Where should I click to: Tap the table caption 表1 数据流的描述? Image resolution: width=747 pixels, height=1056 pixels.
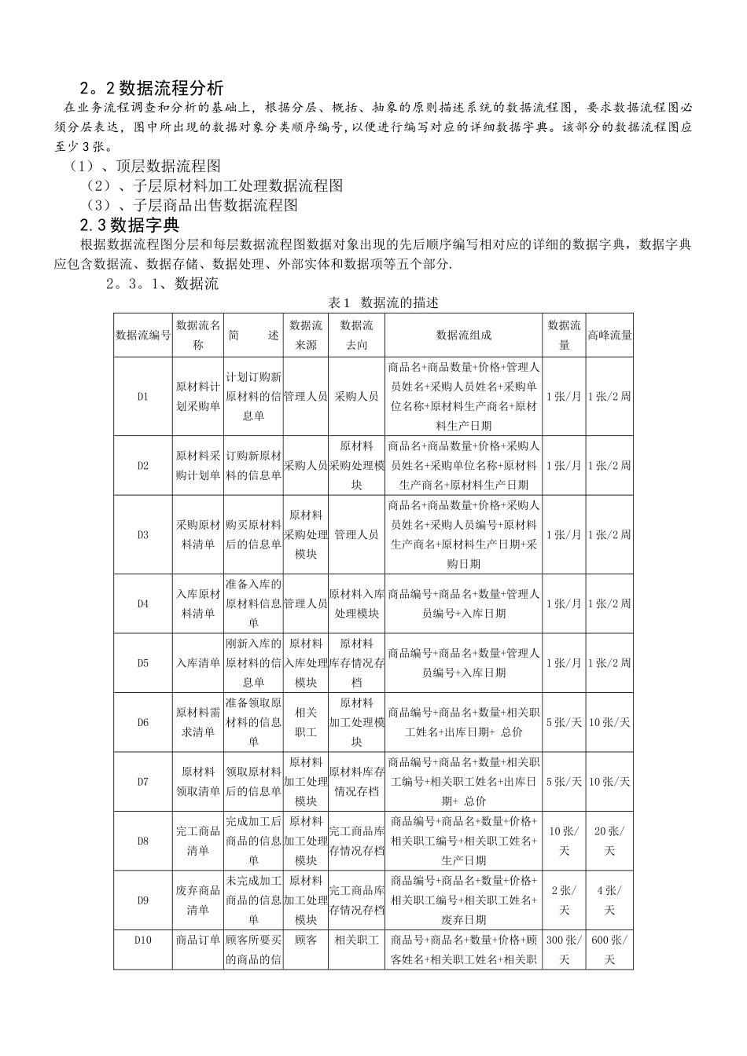click(x=384, y=302)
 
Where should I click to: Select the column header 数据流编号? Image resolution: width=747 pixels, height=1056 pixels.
click(x=143, y=335)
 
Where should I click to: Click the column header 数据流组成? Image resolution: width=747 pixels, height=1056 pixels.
click(x=463, y=335)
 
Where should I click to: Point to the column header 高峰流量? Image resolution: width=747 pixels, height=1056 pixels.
click(x=609, y=335)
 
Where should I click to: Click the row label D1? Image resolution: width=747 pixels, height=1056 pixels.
click(x=143, y=397)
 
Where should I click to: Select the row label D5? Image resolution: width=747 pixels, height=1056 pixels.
click(x=143, y=663)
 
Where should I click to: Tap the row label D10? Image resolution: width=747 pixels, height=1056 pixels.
click(x=143, y=940)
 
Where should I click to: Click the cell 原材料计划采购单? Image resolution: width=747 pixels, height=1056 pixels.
click(x=198, y=397)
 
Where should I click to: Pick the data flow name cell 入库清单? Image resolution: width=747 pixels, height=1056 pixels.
click(x=198, y=663)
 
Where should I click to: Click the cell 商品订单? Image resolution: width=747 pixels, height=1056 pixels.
click(x=198, y=940)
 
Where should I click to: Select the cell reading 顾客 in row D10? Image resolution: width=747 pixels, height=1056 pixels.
click(x=305, y=940)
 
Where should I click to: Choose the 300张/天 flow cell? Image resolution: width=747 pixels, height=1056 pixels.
click(x=564, y=949)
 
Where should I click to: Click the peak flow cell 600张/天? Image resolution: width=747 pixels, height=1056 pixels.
click(x=609, y=949)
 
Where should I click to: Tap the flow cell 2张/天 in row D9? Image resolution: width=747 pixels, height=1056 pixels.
click(x=564, y=900)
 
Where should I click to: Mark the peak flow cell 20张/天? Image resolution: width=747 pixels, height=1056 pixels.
click(x=609, y=841)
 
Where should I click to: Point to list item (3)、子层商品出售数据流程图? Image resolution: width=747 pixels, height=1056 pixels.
click(x=193, y=205)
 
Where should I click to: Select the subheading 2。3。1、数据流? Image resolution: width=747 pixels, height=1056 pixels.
click(x=162, y=284)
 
